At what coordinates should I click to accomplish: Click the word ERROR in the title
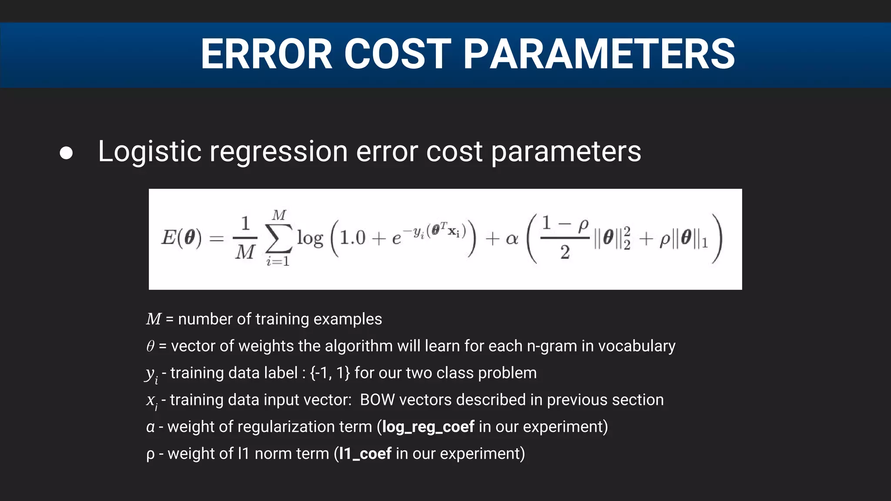coord(266,54)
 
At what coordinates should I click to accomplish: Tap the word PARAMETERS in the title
coord(599,54)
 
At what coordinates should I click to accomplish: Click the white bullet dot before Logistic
coord(66,153)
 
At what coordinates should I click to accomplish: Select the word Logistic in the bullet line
coord(150,152)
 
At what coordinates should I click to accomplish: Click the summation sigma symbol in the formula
coord(278,239)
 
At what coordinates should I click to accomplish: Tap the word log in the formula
coord(310,239)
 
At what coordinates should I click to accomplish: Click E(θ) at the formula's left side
coord(181,238)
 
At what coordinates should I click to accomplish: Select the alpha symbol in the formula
coord(512,239)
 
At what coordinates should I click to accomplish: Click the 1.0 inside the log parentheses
coord(352,238)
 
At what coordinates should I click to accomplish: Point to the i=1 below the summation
coord(278,261)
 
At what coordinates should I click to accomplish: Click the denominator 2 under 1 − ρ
coord(565,252)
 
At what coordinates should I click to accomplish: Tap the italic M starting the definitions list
coord(154,319)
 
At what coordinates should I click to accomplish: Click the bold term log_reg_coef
coord(428,427)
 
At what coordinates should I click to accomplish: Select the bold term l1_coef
coord(365,454)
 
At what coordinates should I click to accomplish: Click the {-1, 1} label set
coord(329,373)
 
